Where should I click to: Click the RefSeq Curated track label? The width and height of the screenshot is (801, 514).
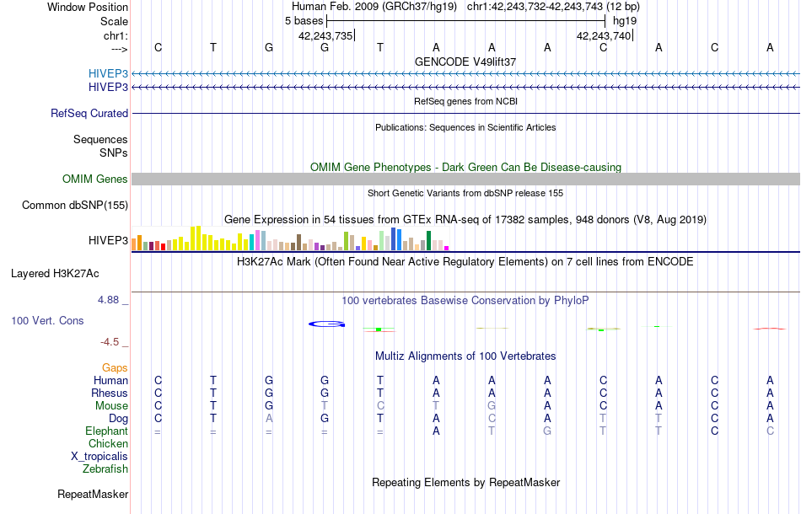point(89,113)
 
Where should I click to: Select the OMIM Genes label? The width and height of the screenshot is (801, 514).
point(95,179)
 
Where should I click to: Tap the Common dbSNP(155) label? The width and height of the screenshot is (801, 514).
point(75,205)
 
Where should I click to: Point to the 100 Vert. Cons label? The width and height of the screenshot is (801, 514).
point(47,321)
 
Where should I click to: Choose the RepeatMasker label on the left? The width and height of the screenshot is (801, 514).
point(93,494)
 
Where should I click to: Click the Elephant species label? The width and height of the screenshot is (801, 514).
point(107,431)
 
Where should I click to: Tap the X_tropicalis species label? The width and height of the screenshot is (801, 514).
point(99,456)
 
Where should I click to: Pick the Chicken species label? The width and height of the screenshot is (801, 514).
point(109,443)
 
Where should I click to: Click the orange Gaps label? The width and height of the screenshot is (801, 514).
point(115,367)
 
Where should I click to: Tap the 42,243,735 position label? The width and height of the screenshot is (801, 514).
point(325,35)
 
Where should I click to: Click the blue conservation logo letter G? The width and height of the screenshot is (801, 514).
point(326,324)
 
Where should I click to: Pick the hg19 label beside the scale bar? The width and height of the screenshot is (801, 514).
point(625,19)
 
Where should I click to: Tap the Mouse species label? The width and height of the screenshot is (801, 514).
point(111,405)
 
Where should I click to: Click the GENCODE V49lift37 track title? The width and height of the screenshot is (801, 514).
point(465,62)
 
